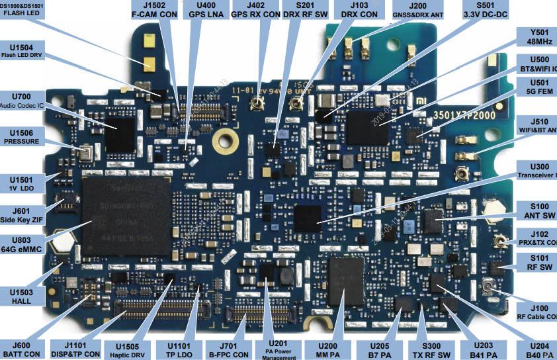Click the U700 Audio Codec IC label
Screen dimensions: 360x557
click(x=22, y=101)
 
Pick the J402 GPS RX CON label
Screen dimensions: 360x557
click(x=255, y=9)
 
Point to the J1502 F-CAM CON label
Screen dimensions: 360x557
click(x=153, y=9)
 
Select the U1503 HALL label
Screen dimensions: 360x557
click(x=22, y=296)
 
